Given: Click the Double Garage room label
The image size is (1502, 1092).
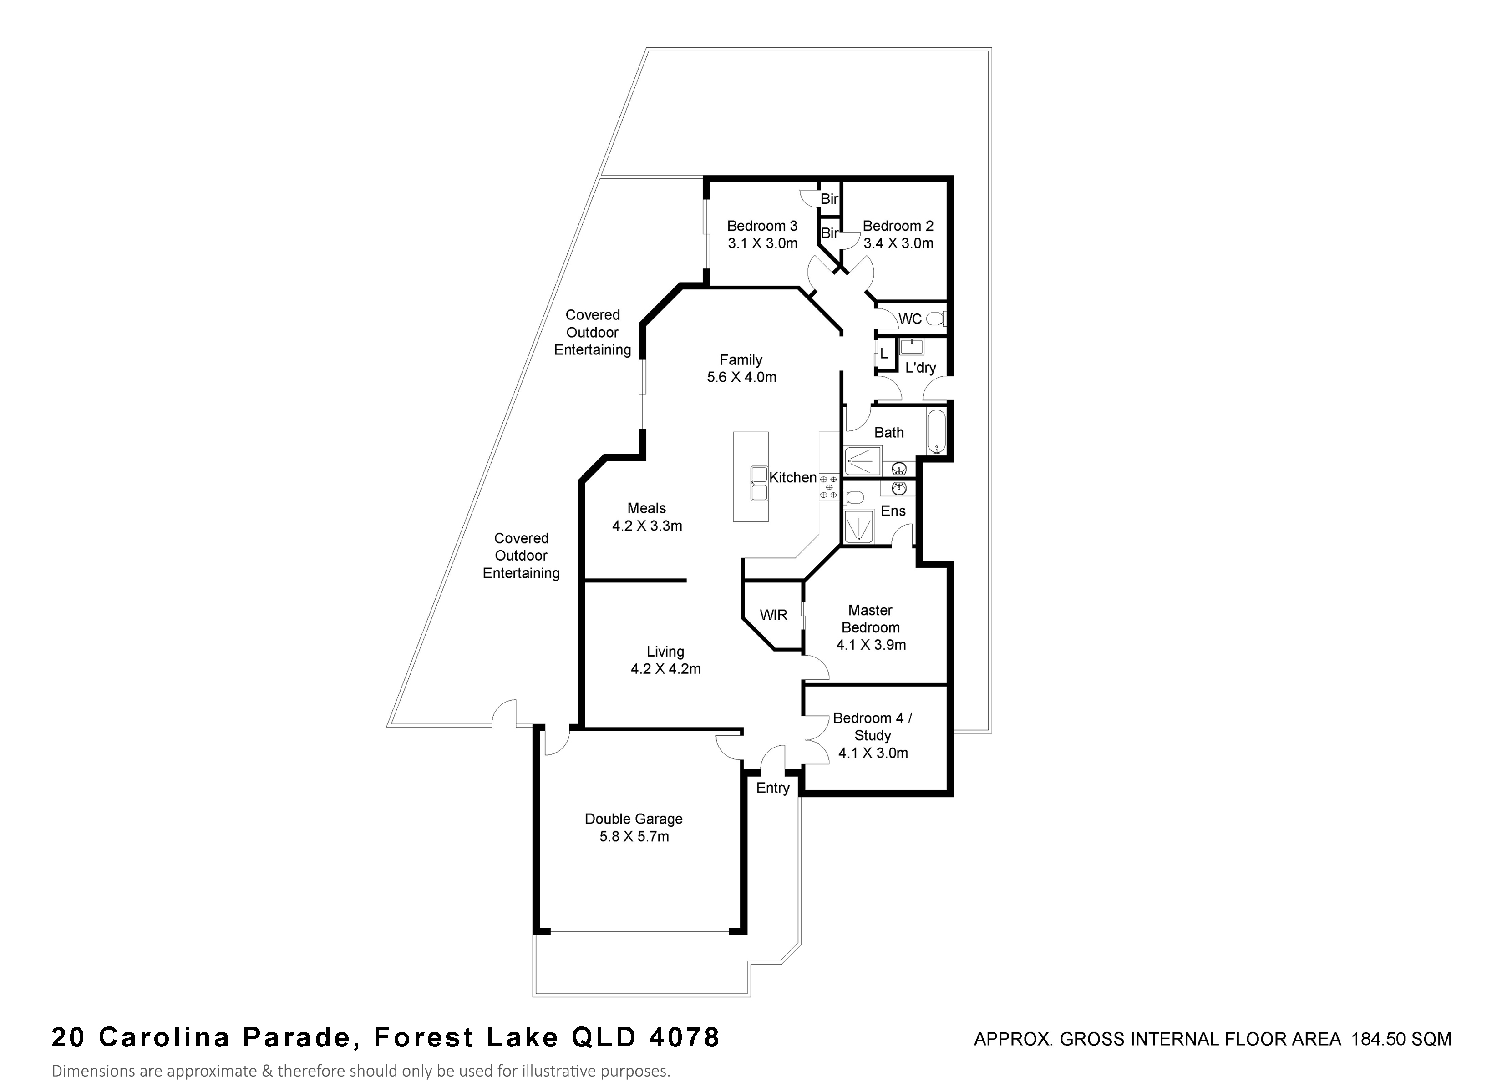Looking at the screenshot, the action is (x=633, y=819).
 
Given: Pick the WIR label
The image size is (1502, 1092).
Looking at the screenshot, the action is (x=773, y=615).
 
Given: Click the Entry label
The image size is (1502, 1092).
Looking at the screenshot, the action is (x=773, y=788).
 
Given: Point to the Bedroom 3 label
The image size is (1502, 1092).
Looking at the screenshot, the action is (x=762, y=226).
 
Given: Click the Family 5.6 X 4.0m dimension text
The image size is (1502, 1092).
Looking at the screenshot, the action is (x=742, y=377).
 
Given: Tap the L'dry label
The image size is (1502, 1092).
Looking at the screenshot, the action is (x=920, y=368).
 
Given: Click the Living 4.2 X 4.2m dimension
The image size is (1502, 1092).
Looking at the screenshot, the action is (x=665, y=669).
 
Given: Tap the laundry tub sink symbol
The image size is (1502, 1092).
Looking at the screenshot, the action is (x=912, y=347).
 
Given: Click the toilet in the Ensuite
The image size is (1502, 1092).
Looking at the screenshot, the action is (x=854, y=497).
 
